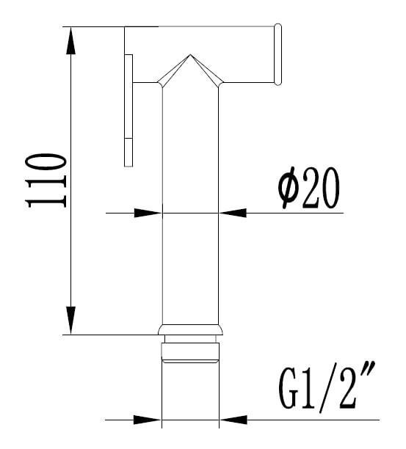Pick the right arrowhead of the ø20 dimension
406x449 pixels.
coord(233,213)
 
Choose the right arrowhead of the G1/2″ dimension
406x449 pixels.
coord(233,420)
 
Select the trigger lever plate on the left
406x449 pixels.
coord(129,110)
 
